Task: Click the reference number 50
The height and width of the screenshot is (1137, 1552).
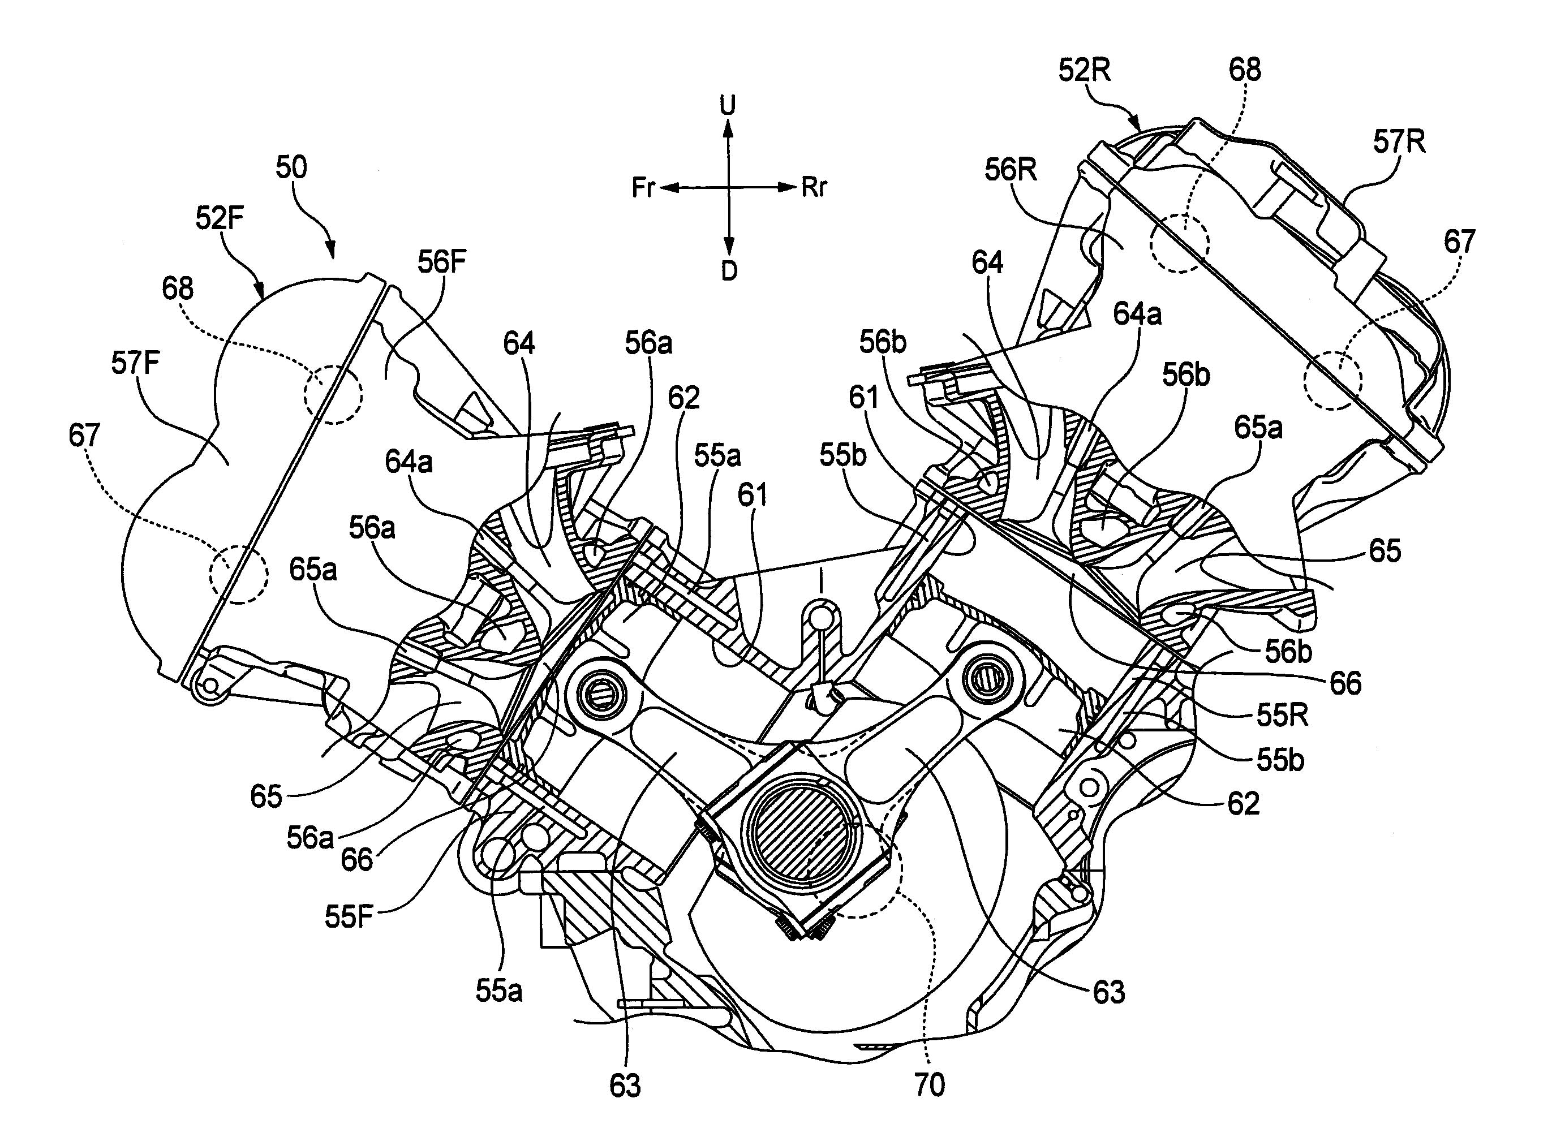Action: [x=291, y=168]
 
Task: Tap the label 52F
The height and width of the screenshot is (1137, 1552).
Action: [x=220, y=218]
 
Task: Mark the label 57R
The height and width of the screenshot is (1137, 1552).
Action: [x=1399, y=142]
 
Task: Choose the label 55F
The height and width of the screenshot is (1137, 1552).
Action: [x=349, y=918]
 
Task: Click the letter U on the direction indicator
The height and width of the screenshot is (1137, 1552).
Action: [x=728, y=105]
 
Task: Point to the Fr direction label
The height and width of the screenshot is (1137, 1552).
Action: [x=643, y=188]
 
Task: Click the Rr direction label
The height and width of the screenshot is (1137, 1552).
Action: [x=814, y=187]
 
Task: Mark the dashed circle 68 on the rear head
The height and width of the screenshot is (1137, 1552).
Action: [x=1179, y=244]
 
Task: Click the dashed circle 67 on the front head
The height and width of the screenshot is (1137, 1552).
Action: [x=238, y=575]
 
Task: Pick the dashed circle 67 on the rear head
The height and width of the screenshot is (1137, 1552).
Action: [x=1333, y=381]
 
